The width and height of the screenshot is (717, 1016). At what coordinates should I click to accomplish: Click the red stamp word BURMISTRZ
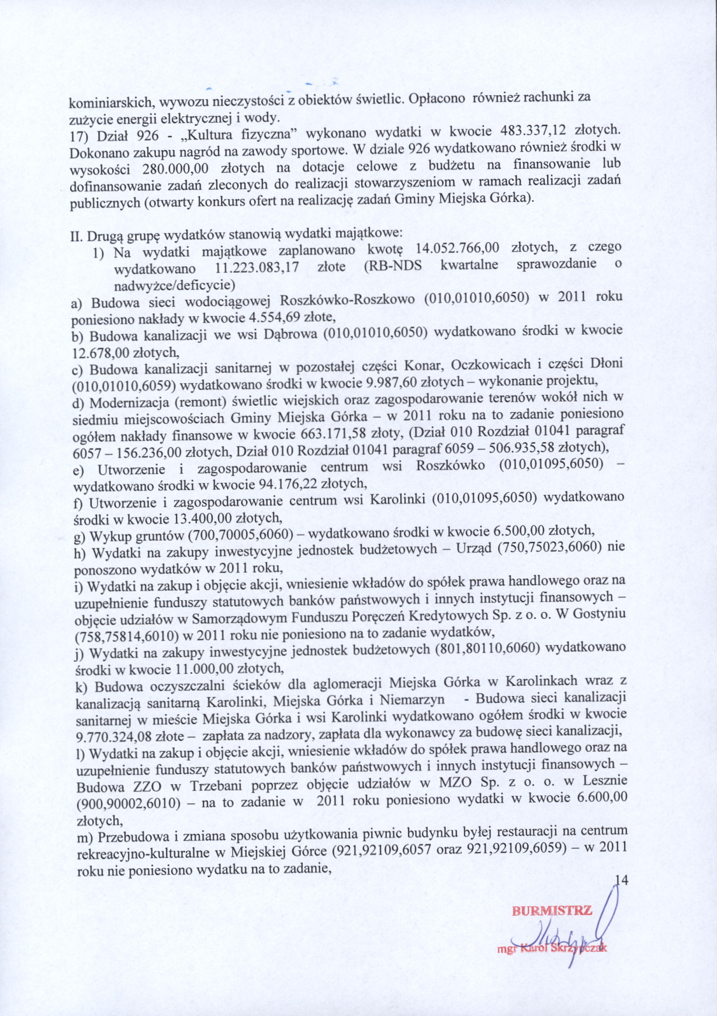(552, 910)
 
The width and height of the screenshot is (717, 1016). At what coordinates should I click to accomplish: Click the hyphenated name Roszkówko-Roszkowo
(348, 300)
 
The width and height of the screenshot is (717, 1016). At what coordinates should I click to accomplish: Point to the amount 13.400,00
(204, 518)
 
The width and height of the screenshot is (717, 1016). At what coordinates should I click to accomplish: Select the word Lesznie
(604, 781)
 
